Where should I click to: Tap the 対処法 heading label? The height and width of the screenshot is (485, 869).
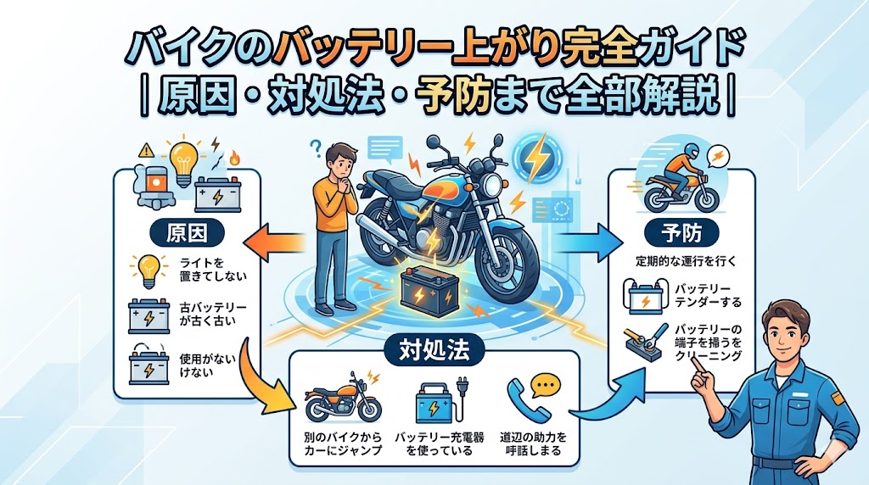[434, 347]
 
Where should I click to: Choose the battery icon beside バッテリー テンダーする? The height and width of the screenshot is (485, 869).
[644, 297]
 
